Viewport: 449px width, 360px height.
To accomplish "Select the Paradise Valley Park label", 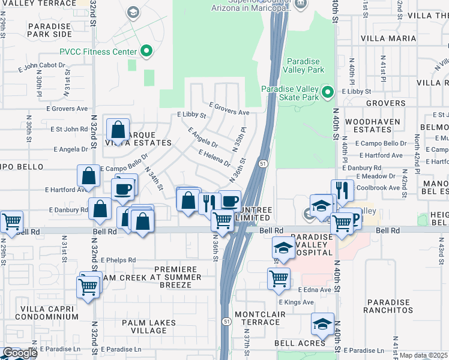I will (x=305, y=65).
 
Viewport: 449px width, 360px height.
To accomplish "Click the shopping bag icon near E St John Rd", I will (x=118, y=129).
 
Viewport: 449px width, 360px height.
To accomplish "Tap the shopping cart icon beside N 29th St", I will (x=12, y=222).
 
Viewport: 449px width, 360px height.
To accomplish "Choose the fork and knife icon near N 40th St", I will (x=342, y=190).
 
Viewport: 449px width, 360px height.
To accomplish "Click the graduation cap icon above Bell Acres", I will (x=322, y=325).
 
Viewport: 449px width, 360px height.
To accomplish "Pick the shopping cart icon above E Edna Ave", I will (x=279, y=279).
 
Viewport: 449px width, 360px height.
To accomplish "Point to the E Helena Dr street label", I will (x=214, y=158).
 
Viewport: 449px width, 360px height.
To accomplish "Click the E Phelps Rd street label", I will (x=118, y=260).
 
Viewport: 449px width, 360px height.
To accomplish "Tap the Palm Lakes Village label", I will (x=149, y=326).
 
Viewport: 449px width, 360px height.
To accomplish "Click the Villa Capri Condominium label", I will (x=41, y=312).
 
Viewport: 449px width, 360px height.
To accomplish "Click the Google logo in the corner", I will (x=19, y=353).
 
